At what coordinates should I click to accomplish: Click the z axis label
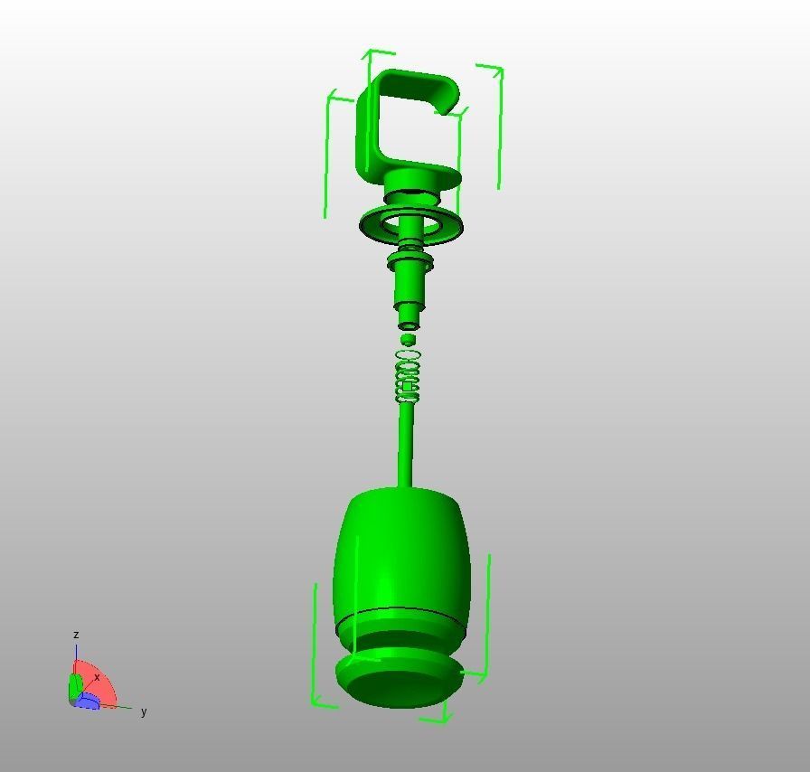(x=76, y=635)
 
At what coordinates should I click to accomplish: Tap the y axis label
(x=144, y=711)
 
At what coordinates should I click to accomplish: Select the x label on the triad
(x=97, y=677)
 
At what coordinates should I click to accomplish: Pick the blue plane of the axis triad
(x=89, y=702)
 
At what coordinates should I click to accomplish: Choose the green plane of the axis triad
(x=75, y=688)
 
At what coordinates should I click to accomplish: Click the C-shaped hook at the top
(x=371, y=127)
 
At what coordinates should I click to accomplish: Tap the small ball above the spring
(x=409, y=340)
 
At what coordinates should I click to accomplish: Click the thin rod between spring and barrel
(x=406, y=443)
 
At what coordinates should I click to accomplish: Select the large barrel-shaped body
(x=402, y=551)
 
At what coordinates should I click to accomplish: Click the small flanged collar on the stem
(x=411, y=262)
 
